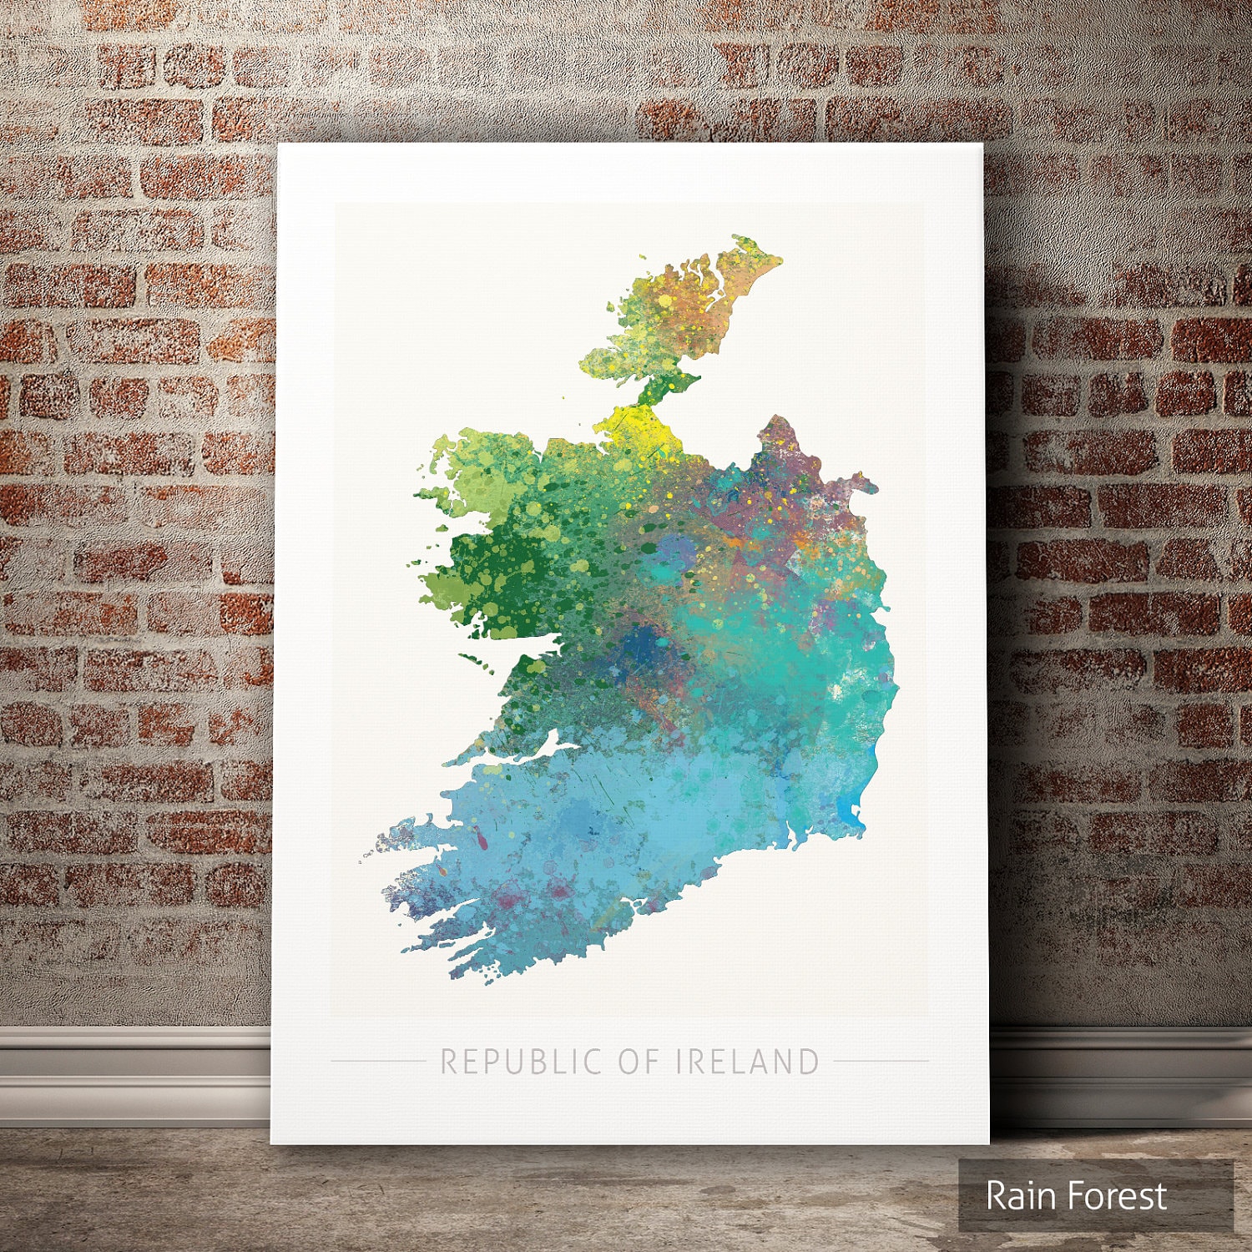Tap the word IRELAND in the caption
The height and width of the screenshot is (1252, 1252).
click(747, 1062)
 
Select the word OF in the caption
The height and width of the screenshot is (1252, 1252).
click(639, 1062)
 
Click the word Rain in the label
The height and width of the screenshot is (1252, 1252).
click(1019, 1196)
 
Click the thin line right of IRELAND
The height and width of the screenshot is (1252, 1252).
click(881, 1062)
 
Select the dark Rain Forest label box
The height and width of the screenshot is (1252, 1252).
click(1095, 1195)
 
